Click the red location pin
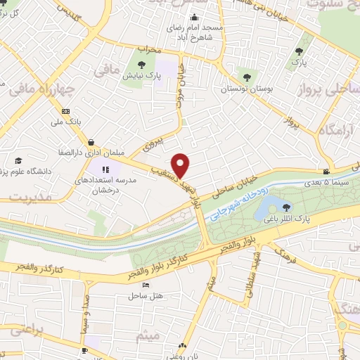click(181, 165)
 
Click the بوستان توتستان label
click(245, 89)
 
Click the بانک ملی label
click(69, 122)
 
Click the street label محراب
click(150, 50)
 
